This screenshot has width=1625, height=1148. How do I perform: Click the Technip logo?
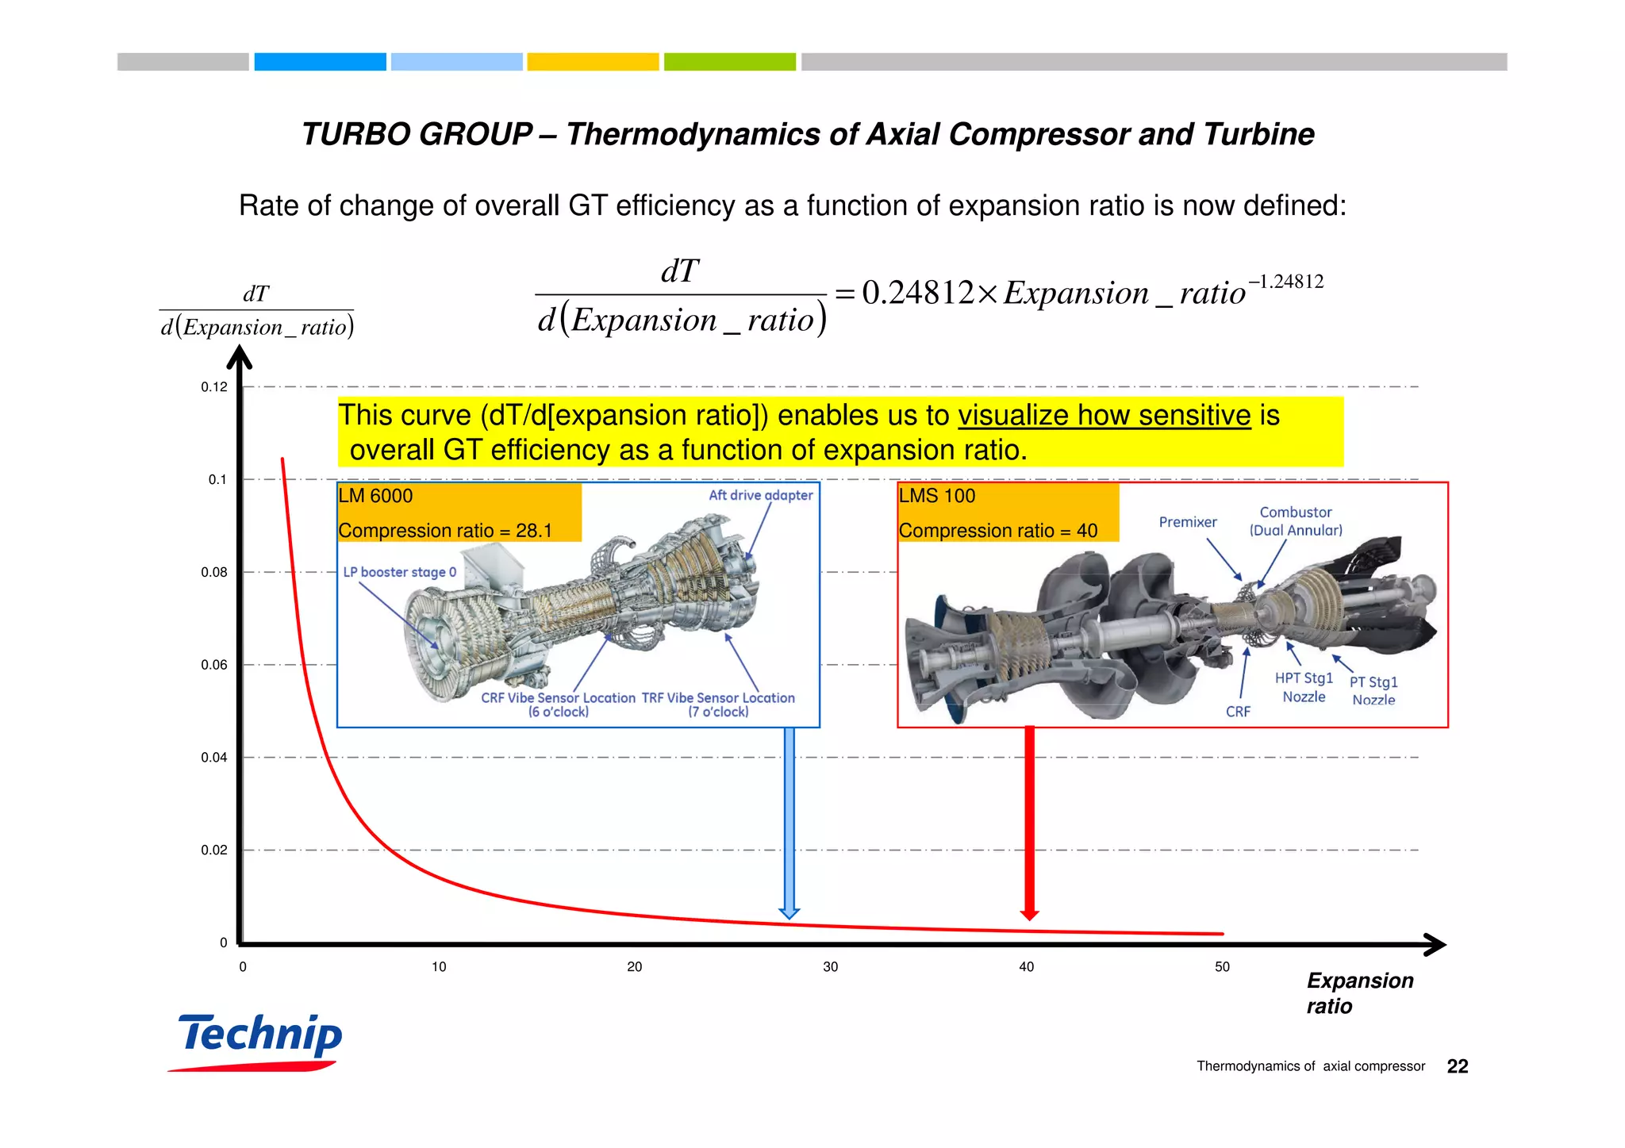coord(260,1039)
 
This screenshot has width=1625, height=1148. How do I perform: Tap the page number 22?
coord(1457,1066)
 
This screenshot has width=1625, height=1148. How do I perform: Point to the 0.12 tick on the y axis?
coord(213,387)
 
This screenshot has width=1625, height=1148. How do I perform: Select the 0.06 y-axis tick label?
coord(213,665)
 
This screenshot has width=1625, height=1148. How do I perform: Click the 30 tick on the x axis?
coord(830,966)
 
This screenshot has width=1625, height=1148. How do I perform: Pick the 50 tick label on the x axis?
coord(1222,966)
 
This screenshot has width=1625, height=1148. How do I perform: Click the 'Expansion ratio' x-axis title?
coord(1359,993)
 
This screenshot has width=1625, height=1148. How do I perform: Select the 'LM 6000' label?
coord(375,496)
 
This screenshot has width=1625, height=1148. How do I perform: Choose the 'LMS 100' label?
coord(936,496)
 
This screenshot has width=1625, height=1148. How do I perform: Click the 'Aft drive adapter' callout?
coord(760,495)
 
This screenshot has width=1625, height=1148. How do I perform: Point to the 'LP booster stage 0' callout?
coord(399,572)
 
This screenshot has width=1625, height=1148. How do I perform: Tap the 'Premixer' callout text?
coord(1187,522)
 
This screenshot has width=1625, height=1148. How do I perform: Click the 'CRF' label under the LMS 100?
coord(1237,712)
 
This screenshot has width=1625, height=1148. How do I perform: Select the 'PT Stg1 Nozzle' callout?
coord(1373,690)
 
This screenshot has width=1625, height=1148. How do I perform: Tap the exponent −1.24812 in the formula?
coord(1285,282)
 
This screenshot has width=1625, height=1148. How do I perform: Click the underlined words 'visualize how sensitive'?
coord(1104,416)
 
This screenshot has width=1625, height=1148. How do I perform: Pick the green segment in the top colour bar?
coord(729,62)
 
